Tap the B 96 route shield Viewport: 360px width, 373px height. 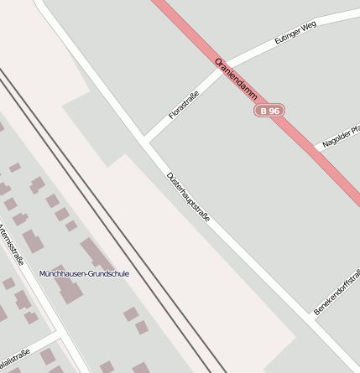[269, 111]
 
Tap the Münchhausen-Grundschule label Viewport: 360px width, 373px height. [84, 274]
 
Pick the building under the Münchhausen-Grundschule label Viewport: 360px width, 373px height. [68, 288]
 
